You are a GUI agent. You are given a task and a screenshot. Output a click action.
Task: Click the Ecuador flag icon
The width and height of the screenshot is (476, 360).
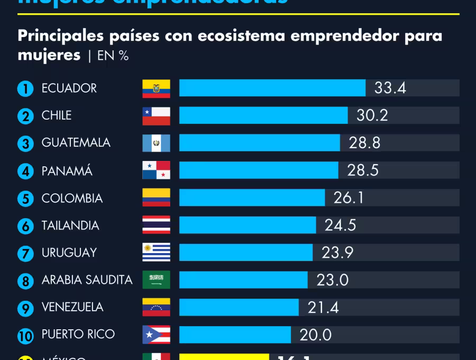(156, 88)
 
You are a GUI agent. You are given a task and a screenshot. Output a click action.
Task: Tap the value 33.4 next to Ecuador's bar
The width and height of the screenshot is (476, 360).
(390, 88)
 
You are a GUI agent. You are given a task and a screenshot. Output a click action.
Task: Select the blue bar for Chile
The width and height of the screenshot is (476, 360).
(263, 115)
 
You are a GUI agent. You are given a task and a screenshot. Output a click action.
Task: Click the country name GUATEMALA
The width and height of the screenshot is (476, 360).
(76, 143)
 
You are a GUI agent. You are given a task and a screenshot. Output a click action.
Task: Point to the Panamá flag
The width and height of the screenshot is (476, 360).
(156, 170)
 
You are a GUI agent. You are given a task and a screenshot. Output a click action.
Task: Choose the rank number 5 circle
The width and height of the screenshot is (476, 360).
(25, 199)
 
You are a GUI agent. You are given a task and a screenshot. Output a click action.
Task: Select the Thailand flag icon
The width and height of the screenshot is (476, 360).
(156, 225)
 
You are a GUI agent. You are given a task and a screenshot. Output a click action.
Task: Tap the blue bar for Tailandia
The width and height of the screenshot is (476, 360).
(248, 225)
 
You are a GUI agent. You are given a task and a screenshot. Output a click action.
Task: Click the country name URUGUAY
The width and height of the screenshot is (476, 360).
(69, 253)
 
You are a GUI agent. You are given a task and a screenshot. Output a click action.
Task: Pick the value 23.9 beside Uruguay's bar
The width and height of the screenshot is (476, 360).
(337, 253)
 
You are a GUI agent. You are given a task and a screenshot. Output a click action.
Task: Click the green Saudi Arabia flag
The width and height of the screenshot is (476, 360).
(156, 280)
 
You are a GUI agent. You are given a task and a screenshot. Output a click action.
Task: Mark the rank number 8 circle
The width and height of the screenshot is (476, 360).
(25, 281)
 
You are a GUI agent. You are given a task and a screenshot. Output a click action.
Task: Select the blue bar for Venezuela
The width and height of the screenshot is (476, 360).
(239, 308)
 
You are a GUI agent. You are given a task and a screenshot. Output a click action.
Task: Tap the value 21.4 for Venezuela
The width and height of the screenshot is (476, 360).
(323, 308)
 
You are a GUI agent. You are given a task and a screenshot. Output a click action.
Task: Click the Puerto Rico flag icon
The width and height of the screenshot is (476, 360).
(156, 335)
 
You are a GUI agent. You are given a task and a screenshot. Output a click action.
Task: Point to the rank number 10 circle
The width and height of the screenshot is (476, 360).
(25, 336)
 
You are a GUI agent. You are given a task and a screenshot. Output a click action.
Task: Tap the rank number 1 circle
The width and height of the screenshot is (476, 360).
(25, 89)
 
